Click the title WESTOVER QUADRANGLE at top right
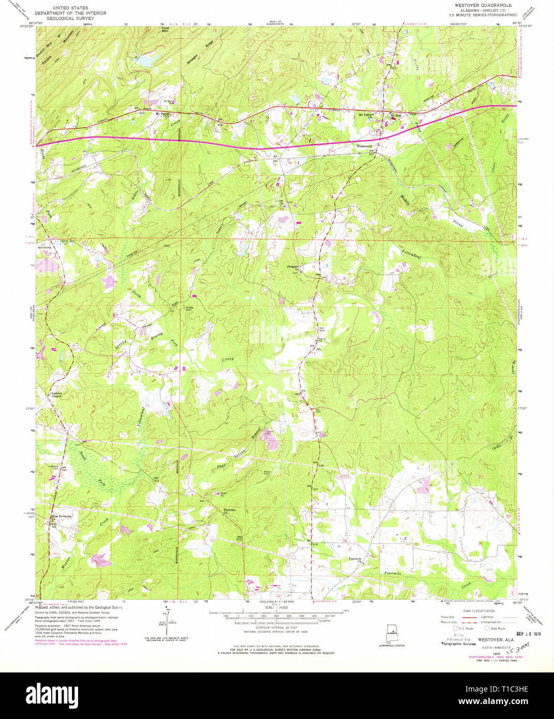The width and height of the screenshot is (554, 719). point(475,5)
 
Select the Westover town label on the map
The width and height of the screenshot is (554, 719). point(364,146)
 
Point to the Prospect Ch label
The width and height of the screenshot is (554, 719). point(294,267)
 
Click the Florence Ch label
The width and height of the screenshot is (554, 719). point(229,512)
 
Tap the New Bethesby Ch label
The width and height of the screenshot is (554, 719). point(61,517)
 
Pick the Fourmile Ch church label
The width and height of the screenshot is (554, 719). point(354,559)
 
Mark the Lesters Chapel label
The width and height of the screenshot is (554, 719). point(57,395)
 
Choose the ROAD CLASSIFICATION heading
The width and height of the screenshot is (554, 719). point(478,611)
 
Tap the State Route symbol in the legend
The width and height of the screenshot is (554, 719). point(487,628)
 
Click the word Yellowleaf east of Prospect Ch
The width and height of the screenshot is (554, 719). point(411,253)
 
